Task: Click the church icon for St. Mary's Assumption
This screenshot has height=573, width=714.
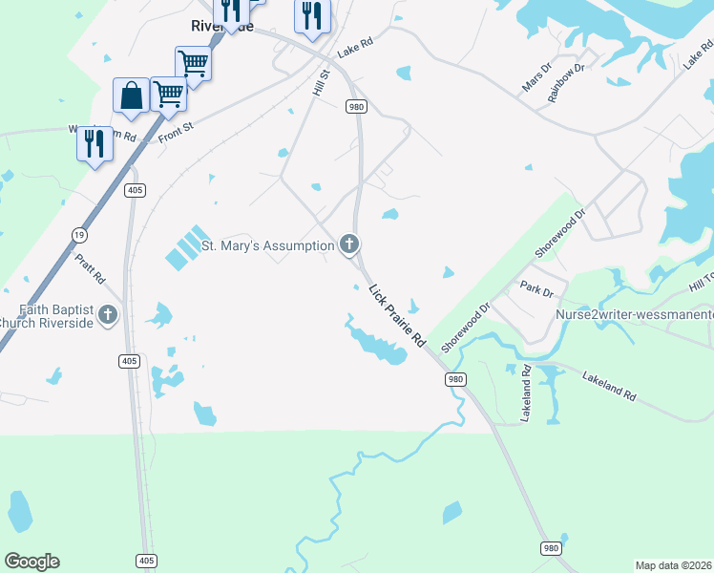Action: [x=349, y=245]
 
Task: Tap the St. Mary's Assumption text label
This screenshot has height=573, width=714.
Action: [x=267, y=246]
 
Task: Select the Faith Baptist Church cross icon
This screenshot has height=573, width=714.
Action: [x=108, y=314]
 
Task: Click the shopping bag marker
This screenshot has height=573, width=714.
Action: [x=131, y=96]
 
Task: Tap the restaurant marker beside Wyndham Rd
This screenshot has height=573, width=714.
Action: [x=94, y=144]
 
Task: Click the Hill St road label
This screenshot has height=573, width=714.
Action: [x=321, y=81]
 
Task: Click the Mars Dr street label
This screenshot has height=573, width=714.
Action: [x=537, y=78]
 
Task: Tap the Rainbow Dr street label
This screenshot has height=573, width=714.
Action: [x=566, y=82]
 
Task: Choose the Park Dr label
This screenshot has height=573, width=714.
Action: [x=531, y=286]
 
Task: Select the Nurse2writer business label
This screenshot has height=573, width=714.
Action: [x=635, y=314]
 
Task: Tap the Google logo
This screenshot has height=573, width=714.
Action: [x=31, y=562]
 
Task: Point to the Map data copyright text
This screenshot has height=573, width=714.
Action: [x=674, y=565]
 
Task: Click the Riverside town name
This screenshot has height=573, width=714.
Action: [x=221, y=27]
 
